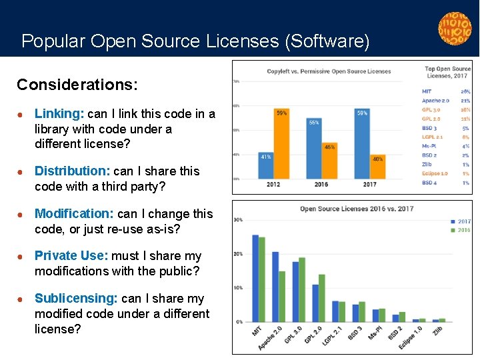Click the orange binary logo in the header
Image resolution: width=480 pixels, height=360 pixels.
[x=454, y=29]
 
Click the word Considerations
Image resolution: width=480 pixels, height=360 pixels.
[x=77, y=85]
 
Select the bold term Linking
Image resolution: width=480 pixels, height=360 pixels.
[x=59, y=114]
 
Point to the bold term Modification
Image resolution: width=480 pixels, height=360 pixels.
[x=74, y=214]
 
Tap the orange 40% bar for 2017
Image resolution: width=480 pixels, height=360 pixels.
[x=377, y=166]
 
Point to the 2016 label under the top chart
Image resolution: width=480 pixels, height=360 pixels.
[x=321, y=185]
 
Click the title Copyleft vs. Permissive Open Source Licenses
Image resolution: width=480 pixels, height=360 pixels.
[x=329, y=71]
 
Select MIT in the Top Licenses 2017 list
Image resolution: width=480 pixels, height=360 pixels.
[x=427, y=91]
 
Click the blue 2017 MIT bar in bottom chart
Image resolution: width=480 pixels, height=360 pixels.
[x=255, y=278]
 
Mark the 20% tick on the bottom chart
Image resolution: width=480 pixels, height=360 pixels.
[x=238, y=254]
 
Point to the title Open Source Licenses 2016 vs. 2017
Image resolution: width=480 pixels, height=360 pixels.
[x=357, y=209]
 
